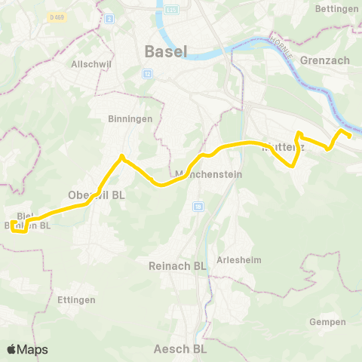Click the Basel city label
tap(165, 51)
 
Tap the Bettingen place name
tap(337, 8)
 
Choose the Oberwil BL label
tap(97, 194)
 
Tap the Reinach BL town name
tap(178, 265)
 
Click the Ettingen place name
tap(76, 299)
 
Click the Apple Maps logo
tap(28, 349)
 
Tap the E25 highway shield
tap(171, 8)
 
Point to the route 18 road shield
tap(198, 205)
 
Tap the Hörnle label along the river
tap(287, 44)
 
